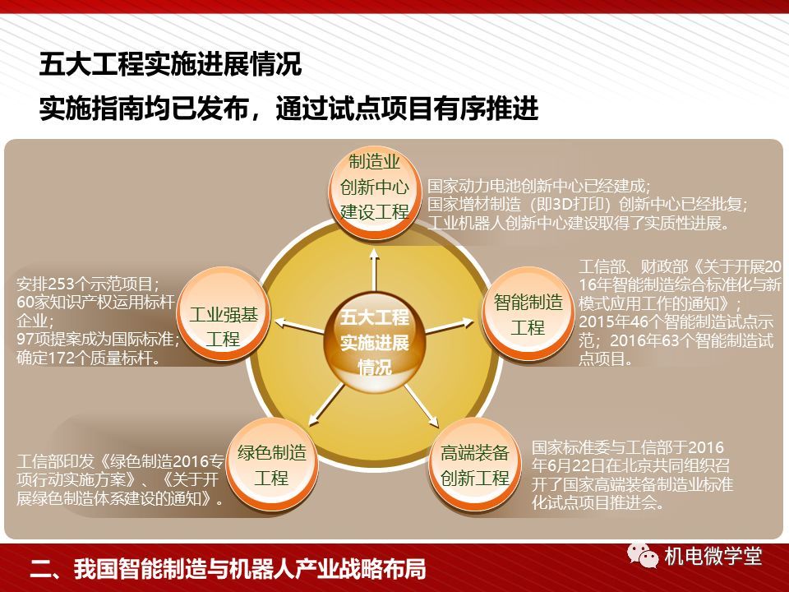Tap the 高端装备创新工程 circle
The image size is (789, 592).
tap(475, 465)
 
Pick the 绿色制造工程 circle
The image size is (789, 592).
tap(272, 465)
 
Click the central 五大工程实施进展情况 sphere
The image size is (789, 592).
tap(375, 342)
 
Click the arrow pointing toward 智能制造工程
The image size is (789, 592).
tap(450, 326)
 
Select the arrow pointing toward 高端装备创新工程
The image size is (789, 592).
tap(421, 405)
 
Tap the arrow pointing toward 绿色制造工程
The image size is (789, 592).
tap(327, 405)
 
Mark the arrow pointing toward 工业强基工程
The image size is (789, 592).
tap(300, 326)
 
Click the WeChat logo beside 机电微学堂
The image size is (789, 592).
tap(643, 556)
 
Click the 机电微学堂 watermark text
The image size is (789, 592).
tap(713, 557)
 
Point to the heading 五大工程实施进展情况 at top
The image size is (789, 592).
tap(171, 64)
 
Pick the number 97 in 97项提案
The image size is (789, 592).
tap(26, 339)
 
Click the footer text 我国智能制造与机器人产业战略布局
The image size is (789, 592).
tap(250, 568)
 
